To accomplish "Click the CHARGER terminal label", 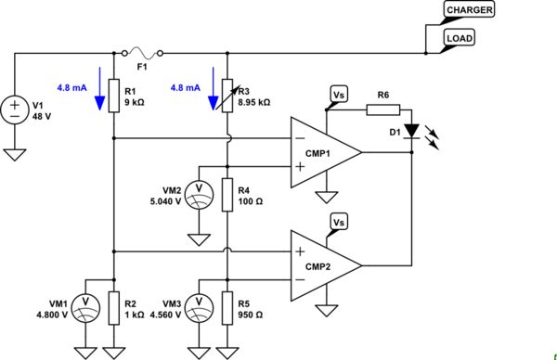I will pyautogui.click(x=470, y=9).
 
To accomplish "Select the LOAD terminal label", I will pyautogui.click(x=461, y=38).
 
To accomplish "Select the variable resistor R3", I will pyautogui.click(x=227, y=96).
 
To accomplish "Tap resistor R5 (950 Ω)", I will pyautogui.click(x=227, y=307).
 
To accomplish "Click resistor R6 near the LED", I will pyautogui.click(x=382, y=109).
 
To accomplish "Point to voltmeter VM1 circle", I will pyautogui.click(x=84, y=306).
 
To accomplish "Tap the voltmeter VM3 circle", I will pyautogui.click(x=199, y=306).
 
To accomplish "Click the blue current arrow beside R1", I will pyautogui.click(x=99, y=94).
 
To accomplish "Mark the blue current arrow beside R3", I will pyautogui.click(x=214, y=94).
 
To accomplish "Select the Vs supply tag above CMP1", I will pyautogui.click(x=339, y=93).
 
